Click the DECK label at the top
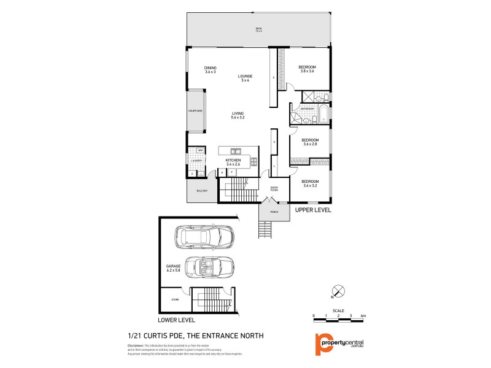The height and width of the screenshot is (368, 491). point(259,29)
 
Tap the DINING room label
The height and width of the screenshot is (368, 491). point(211,70)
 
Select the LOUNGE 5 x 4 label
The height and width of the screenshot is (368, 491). point(245,78)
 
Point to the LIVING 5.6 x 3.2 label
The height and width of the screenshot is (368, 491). point(238,115)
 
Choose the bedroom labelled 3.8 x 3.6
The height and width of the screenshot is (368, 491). point(307,69)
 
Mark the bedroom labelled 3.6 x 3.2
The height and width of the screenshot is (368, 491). point(309,183)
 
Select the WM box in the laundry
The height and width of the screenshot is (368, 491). point(200,150)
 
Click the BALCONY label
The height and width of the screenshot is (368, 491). point(202,191)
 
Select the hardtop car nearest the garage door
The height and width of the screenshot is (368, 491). point(202,237)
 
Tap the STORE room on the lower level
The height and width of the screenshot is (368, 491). point(174,300)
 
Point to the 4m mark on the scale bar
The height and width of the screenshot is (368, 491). point(363,316)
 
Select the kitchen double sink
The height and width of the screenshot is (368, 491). point(236,151)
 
